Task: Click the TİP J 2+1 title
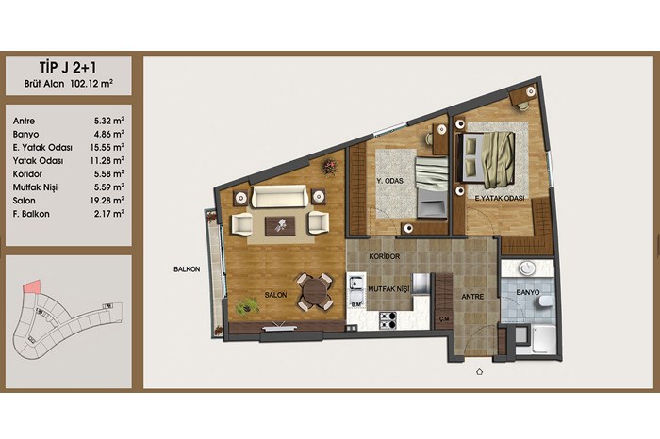(68, 67)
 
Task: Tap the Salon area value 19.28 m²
(107, 200)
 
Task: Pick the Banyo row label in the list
(25, 135)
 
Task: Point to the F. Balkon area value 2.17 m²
(109, 214)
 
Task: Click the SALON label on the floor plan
(275, 295)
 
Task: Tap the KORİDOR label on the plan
(385, 256)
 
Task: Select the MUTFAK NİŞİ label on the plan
(388, 289)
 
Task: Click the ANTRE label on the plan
(472, 297)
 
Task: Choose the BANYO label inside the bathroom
(528, 292)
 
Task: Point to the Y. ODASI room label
(390, 181)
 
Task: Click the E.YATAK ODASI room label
(500, 198)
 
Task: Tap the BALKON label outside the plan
(187, 269)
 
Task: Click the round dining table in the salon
(314, 291)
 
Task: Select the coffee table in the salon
(281, 226)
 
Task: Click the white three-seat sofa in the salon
(279, 196)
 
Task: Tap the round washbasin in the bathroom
(526, 268)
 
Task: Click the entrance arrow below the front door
(479, 372)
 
